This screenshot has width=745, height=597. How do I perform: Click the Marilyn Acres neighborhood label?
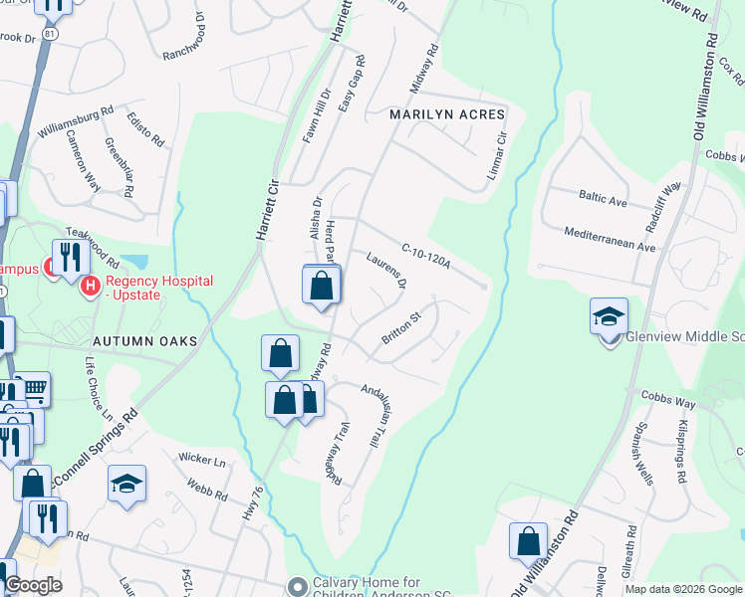(447, 115)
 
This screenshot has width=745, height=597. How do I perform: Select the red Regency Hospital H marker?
(91, 287)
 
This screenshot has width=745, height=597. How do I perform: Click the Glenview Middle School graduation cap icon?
(609, 316)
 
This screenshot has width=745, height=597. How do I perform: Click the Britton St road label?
(402, 332)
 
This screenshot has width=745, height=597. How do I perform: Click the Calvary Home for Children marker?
(296, 584)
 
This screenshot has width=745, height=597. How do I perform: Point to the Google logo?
(33, 586)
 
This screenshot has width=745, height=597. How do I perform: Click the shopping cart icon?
(36, 389)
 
